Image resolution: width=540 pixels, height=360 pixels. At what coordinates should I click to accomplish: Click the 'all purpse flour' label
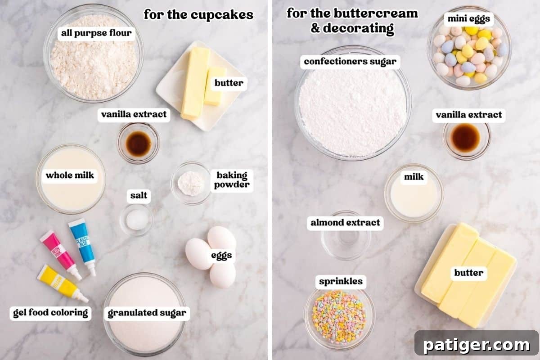96,33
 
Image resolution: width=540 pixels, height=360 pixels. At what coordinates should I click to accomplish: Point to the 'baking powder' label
232,180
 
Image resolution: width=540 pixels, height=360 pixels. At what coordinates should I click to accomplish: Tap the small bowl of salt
136,220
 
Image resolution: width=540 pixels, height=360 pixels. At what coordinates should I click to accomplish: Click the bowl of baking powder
191,183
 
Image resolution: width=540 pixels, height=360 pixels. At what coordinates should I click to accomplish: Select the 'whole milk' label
70,175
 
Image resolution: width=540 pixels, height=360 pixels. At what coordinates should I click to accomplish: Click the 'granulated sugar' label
147,313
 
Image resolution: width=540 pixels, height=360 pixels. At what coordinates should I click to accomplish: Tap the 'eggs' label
222,256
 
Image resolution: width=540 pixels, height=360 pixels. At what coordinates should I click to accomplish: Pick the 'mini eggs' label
468,19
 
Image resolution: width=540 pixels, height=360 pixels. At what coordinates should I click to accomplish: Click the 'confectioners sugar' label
350,61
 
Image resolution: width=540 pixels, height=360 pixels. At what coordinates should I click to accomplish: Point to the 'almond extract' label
345,222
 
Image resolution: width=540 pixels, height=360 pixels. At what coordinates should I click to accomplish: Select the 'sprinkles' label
341,282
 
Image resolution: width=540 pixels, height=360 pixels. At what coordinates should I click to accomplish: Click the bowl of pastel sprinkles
339,317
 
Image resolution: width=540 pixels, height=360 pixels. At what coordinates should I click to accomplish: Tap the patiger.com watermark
477,345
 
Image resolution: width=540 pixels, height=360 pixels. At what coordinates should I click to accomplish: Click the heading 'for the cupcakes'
198,15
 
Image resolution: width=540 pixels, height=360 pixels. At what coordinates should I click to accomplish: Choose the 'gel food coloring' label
50,313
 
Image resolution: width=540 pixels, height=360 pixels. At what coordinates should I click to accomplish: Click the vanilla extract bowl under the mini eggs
466,139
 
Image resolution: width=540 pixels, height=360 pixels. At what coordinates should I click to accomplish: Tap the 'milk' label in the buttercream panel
414,177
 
